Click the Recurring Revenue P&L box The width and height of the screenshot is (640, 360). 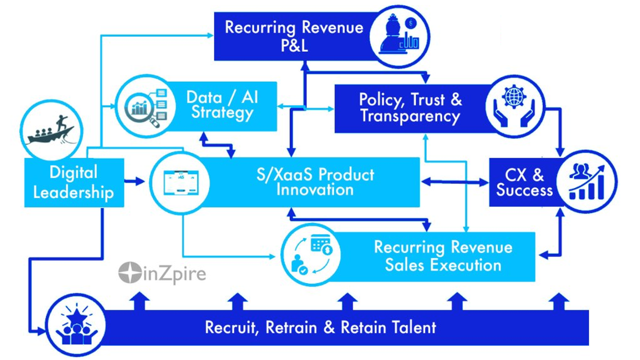(x=294, y=36)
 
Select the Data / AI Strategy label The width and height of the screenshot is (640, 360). (x=222, y=105)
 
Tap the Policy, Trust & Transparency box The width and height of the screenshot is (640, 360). (x=410, y=108)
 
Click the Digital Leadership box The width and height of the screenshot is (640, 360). (x=74, y=183)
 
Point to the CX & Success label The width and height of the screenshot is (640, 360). (x=524, y=182)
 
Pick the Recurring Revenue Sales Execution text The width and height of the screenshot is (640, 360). (x=443, y=256)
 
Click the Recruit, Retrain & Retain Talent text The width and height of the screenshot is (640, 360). (x=320, y=328)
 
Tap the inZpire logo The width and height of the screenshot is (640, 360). (x=162, y=274)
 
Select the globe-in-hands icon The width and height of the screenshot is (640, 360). (x=514, y=106)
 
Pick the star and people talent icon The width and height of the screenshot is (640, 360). (x=76, y=327)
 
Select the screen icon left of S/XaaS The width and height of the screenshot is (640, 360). (x=180, y=182)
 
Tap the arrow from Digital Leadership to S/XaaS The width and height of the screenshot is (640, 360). (x=135, y=182)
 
